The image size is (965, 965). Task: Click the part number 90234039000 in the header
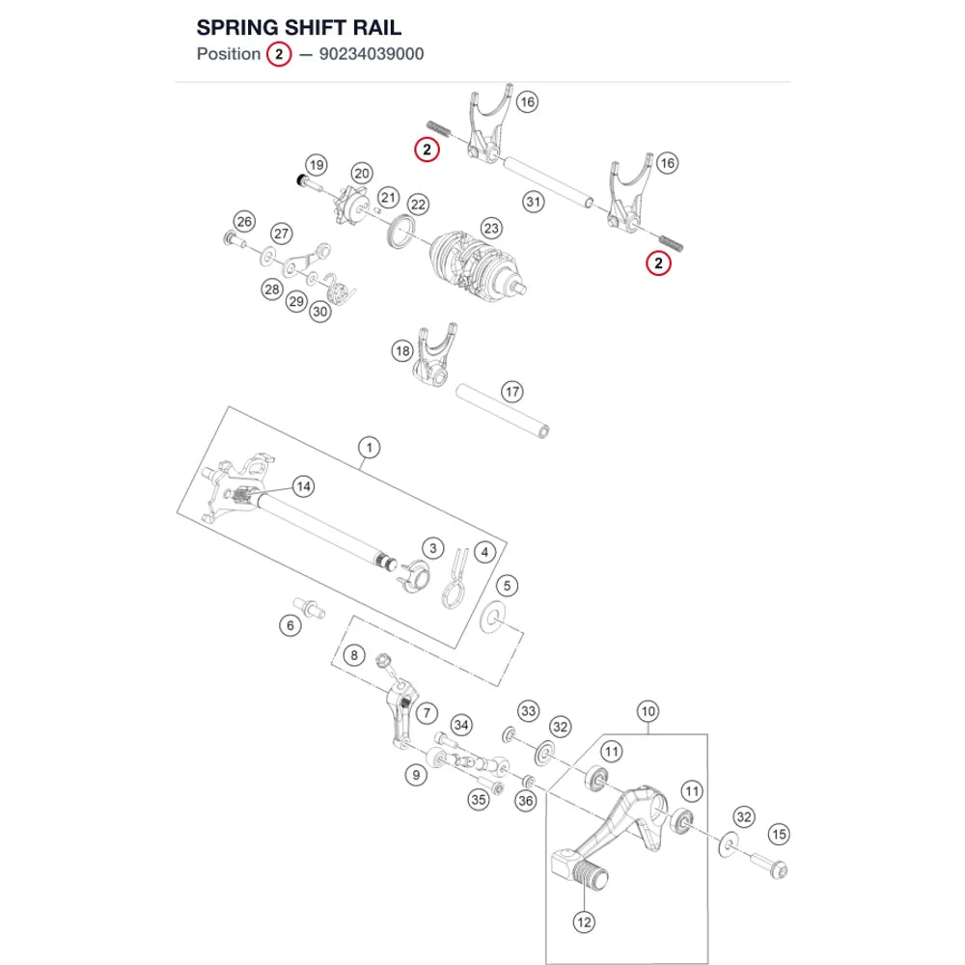[372, 54]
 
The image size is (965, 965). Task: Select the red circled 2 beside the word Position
[279, 54]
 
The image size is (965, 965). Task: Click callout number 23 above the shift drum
[491, 229]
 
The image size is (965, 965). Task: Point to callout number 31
[534, 202]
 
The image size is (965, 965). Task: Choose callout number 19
[317, 165]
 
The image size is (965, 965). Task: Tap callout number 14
[303, 486]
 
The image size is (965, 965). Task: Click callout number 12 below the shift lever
[584, 922]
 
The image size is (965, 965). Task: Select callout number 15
[779, 835]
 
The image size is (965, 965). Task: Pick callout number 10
[648, 711]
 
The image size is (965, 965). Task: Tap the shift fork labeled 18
[434, 356]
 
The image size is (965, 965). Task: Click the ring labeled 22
[400, 232]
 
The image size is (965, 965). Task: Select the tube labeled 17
[502, 411]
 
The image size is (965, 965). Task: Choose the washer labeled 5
[492, 619]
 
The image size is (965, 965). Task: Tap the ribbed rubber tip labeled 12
[590, 876]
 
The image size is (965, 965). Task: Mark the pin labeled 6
[310, 606]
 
